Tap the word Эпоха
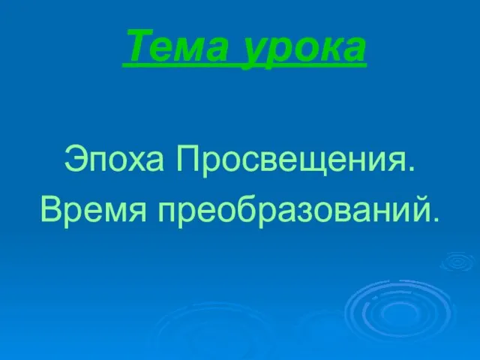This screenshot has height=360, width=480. coord(114,161)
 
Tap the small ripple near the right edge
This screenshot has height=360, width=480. coord(458,262)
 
